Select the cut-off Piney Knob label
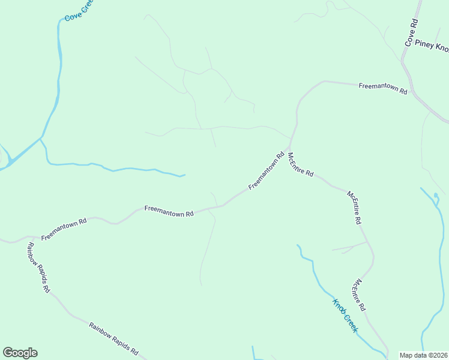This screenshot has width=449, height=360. tap(432, 46)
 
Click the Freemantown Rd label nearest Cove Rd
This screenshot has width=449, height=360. tap(383, 89)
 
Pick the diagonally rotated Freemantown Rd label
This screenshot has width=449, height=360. tap(266, 171)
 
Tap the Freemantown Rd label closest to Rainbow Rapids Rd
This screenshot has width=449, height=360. tap(64, 229)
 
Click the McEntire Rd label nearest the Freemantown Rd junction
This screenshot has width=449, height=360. tap(300, 164)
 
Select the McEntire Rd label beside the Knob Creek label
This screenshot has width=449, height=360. tap(360, 295)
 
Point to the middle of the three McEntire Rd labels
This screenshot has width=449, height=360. tap(354, 207)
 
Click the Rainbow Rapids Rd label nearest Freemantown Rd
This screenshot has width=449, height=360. tap(37, 267)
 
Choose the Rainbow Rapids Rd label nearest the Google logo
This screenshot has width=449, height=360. tap(114, 338)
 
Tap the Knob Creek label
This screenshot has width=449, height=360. tap(345, 316)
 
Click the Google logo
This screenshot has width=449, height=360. tap(20, 353)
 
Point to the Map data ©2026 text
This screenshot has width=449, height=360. tap(423, 355)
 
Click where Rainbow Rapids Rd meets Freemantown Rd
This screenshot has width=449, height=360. tap(25, 238)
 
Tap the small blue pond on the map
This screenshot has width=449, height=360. tap(436, 196)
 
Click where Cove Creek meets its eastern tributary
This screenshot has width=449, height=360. tap(41, 139)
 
